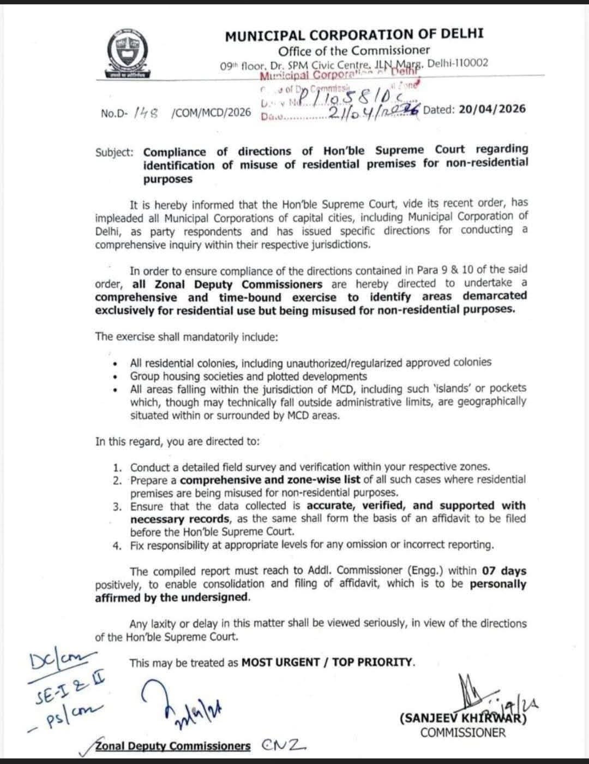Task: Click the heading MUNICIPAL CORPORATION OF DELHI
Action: click(x=354, y=35)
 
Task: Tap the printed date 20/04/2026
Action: click(x=492, y=109)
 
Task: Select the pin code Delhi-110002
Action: click(x=458, y=63)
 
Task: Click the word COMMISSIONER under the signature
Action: click(x=463, y=732)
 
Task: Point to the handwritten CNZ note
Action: click(x=284, y=745)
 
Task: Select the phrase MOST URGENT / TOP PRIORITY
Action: click(x=328, y=662)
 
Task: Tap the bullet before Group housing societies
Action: click(x=115, y=377)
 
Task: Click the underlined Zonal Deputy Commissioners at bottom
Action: click(x=173, y=746)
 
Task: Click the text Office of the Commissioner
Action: click(x=354, y=50)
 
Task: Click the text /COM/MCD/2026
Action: click(x=211, y=112)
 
